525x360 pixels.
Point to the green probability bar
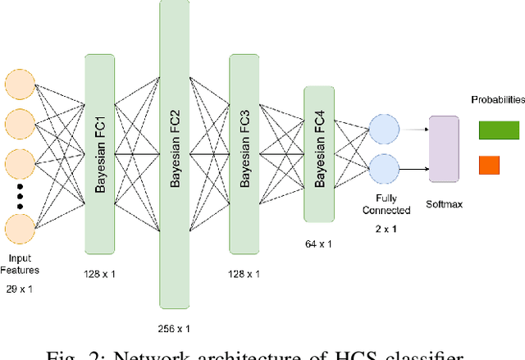click(x=498, y=130)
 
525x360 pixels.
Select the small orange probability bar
click(x=488, y=166)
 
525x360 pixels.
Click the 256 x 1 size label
click(x=173, y=328)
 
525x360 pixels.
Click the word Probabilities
click(x=497, y=100)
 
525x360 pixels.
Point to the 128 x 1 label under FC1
click(x=100, y=273)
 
